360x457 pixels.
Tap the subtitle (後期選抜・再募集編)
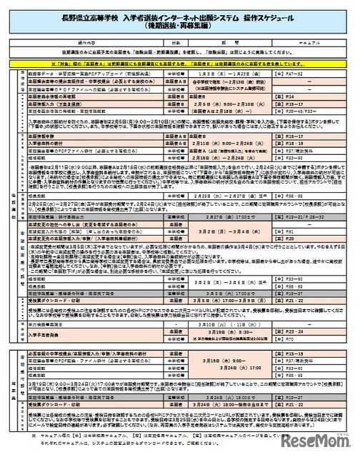180,24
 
